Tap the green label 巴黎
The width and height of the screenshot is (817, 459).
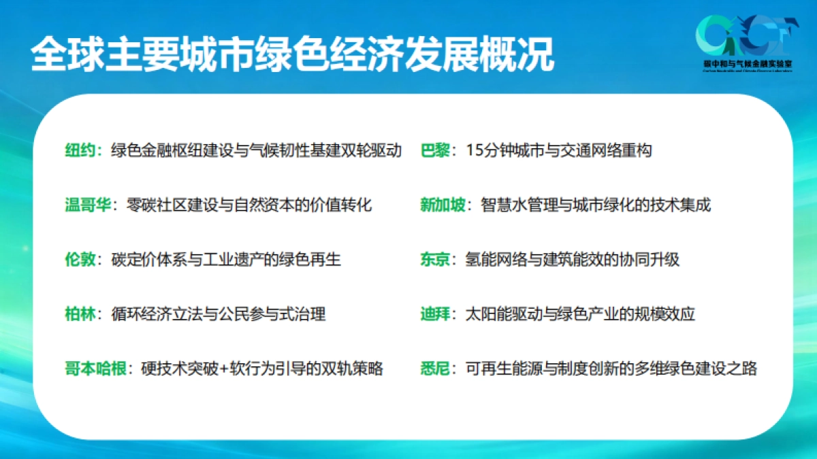coord(436,150)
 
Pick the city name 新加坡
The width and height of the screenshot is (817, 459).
coord(443,205)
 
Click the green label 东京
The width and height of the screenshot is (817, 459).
coord(436,259)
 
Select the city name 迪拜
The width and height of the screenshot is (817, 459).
coord(436,314)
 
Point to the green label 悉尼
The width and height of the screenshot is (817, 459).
coord(436,369)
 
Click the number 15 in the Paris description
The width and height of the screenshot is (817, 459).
coord(475,151)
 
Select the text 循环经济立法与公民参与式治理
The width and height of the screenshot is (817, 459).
coord(219,314)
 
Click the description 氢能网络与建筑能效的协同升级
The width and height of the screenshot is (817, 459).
coord(572,259)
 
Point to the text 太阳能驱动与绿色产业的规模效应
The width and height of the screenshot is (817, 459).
coord(579,314)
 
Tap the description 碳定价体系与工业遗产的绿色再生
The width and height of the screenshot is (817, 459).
coord(226,259)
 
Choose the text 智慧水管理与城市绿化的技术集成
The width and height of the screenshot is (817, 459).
coord(596,205)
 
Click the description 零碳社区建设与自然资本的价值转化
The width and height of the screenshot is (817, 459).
coord(249,205)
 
